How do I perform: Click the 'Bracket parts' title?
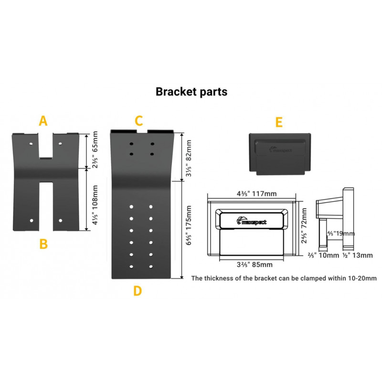(x=191, y=92)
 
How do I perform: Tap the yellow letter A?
(x=43, y=121)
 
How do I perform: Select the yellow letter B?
(x=43, y=244)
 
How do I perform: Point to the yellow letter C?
(x=138, y=121)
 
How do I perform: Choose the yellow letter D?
(x=138, y=291)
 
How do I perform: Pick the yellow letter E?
(x=279, y=122)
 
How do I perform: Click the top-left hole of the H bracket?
(x=31, y=144)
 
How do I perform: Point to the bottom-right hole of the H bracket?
(x=61, y=221)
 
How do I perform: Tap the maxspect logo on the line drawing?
(x=252, y=221)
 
